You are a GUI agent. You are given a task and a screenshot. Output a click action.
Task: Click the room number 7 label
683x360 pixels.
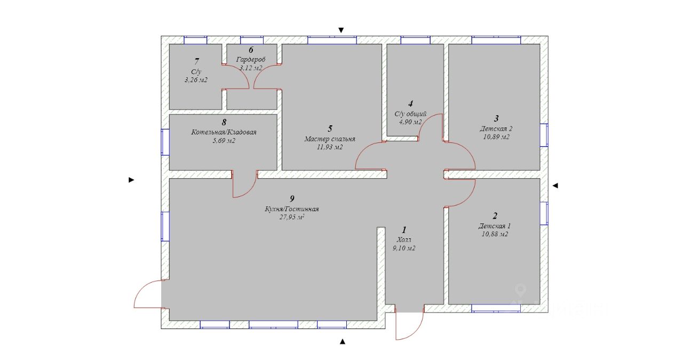pyautogui.click(x=197, y=62)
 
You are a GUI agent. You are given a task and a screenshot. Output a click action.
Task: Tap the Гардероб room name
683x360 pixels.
pyautogui.click(x=251, y=59)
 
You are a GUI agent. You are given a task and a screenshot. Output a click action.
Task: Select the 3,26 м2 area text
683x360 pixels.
pyautogui.click(x=196, y=80)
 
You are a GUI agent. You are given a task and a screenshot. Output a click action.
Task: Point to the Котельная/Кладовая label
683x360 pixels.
pyautogui.click(x=224, y=132)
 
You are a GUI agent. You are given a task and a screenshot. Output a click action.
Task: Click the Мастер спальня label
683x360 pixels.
pyautogui.click(x=330, y=139)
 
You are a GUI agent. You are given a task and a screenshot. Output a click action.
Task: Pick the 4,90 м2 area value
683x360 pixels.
pyautogui.click(x=410, y=122)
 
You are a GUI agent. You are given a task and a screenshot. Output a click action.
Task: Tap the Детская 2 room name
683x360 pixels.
pyautogui.click(x=496, y=129)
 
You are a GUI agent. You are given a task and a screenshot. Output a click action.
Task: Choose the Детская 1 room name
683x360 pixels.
pyautogui.click(x=495, y=226)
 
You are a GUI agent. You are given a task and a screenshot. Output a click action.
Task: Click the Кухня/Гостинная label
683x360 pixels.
pyautogui.click(x=292, y=209)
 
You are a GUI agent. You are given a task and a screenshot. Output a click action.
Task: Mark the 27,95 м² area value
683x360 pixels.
pyautogui.click(x=292, y=217)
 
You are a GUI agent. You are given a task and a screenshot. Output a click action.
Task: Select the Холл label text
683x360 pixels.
pyautogui.click(x=404, y=240)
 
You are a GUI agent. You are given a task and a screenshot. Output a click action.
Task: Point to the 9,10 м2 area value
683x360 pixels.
pyautogui.click(x=404, y=248)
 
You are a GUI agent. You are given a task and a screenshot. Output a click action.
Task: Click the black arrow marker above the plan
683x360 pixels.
pyautogui.click(x=341, y=30)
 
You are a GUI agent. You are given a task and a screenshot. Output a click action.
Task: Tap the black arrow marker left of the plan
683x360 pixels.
pyautogui.click(x=131, y=180)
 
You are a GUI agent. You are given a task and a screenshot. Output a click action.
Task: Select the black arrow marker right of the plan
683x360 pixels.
pyautogui.click(x=555, y=186)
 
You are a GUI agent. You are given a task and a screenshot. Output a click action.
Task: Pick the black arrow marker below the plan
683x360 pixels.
pyautogui.click(x=343, y=341)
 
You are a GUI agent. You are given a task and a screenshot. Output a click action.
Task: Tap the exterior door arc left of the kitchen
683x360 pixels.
pyautogui.click(x=147, y=294)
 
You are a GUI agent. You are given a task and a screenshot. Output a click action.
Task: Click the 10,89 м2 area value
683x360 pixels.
pyautogui.click(x=496, y=137)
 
